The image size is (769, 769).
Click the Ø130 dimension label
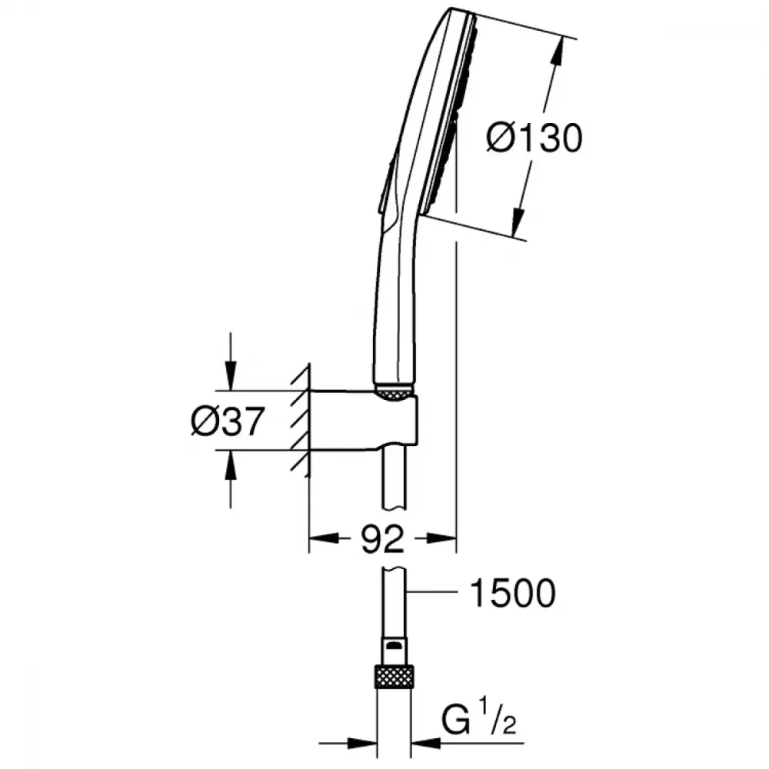tap(534, 138)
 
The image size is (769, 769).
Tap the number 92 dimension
tap(382, 539)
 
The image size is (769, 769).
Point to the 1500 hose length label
tap(512, 593)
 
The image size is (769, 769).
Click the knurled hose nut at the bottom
tap(394, 676)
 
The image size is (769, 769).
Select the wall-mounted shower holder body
tap(363, 421)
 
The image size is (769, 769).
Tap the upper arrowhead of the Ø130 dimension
tap(557, 50)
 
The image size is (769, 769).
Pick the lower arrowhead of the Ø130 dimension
tap(518, 223)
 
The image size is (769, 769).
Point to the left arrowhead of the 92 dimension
tap(325, 538)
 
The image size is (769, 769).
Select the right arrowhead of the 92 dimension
tap(441, 538)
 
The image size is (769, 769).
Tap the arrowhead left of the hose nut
tap(361, 743)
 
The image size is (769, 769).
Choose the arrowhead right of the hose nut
tap(426, 743)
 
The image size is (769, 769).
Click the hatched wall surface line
tap(308, 421)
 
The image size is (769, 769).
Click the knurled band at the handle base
tap(394, 392)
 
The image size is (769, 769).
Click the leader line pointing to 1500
tap(432, 592)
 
